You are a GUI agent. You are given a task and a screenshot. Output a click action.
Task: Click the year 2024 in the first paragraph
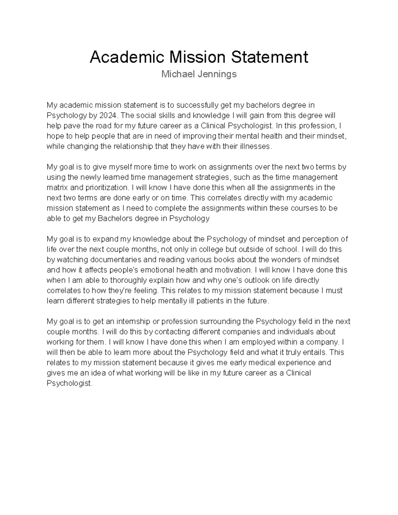(x=108, y=115)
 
